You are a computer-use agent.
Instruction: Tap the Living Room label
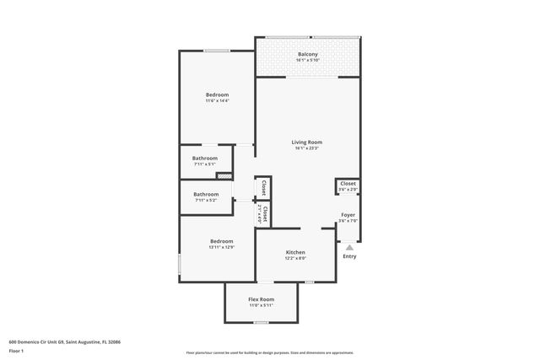point(307,142)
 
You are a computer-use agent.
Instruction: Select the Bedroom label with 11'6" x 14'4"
point(217,95)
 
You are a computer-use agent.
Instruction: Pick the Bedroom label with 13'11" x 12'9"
point(221,241)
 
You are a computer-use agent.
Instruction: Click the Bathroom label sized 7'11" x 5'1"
point(204,159)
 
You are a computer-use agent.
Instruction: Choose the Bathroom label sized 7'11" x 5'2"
point(206,194)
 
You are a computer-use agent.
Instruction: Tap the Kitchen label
point(295,253)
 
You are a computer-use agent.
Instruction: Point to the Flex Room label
point(261,299)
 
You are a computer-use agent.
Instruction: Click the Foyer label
point(348,215)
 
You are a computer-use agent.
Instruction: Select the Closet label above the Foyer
point(348,183)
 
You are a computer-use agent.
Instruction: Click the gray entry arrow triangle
point(349,247)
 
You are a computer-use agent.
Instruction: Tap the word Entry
point(349,256)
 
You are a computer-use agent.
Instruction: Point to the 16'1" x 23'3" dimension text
point(307,149)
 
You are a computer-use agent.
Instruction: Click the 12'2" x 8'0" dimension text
point(295,259)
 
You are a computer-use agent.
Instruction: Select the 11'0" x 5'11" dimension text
point(261,305)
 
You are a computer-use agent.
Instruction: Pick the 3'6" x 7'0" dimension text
point(348,221)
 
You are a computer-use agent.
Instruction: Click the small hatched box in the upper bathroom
point(224,175)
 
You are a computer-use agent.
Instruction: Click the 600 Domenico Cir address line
point(64,341)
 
